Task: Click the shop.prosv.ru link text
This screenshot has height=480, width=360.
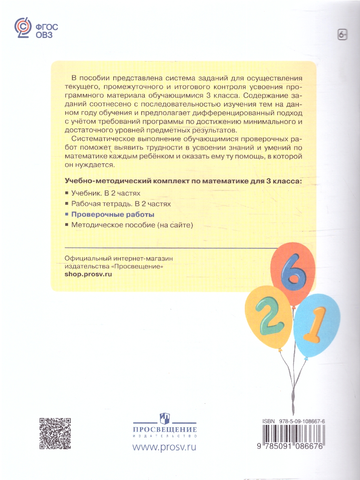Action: coord(88,274)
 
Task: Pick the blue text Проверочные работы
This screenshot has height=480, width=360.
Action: coord(113,214)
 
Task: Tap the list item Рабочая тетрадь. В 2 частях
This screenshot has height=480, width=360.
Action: coord(121,204)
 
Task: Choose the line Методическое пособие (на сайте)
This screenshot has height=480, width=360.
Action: coord(132,225)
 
